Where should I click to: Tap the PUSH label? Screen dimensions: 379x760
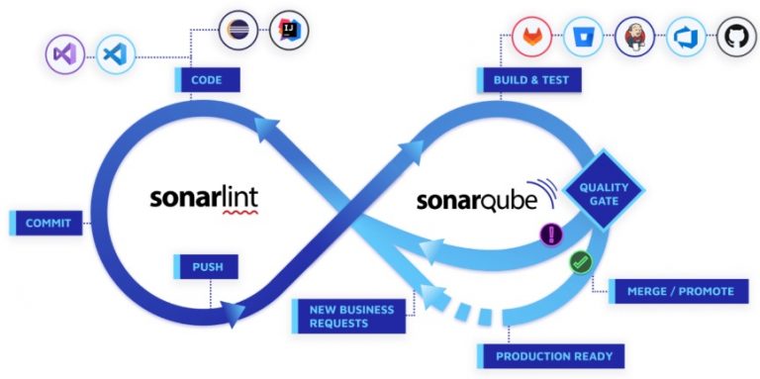tap(206, 267)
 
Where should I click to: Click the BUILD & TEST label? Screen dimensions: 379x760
tap(527, 80)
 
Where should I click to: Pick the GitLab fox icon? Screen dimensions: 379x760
tap(532, 38)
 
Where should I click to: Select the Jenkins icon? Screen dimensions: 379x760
tap(634, 38)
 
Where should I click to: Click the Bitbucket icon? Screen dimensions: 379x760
tap(584, 38)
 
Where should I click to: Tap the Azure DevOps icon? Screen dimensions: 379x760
tap(686, 38)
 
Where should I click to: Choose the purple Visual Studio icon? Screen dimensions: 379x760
tap(66, 52)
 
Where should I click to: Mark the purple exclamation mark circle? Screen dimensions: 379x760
tap(551, 235)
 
